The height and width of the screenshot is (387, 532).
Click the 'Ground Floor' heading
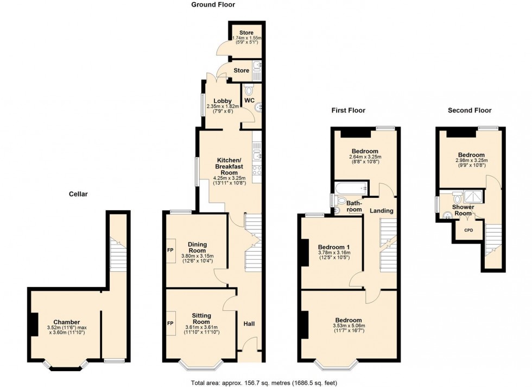point(213,5)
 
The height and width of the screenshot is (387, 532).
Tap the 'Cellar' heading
point(78,193)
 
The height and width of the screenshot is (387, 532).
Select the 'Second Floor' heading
point(470,110)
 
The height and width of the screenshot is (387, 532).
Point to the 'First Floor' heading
point(349,110)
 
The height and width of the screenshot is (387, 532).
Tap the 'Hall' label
point(249,324)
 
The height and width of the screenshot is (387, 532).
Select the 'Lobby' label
point(223,101)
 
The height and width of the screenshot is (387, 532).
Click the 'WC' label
point(249,101)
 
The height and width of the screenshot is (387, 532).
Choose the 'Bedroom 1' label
point(334,247)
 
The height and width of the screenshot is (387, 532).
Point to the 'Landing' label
point(382,210)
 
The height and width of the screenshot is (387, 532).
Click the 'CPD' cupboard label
point(468,230)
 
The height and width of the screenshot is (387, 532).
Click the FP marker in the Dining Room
point(170,251)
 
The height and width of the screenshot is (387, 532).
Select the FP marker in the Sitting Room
point(170,323)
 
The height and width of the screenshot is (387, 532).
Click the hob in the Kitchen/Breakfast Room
point(257,170)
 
